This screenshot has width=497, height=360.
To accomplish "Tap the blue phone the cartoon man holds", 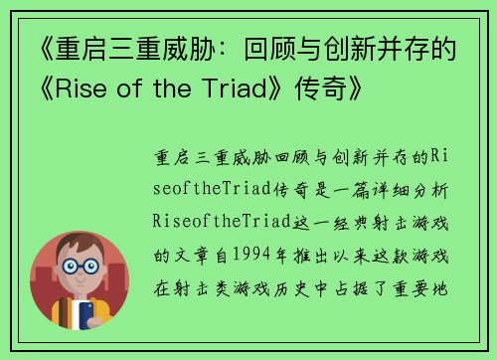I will tap(86, 315).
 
